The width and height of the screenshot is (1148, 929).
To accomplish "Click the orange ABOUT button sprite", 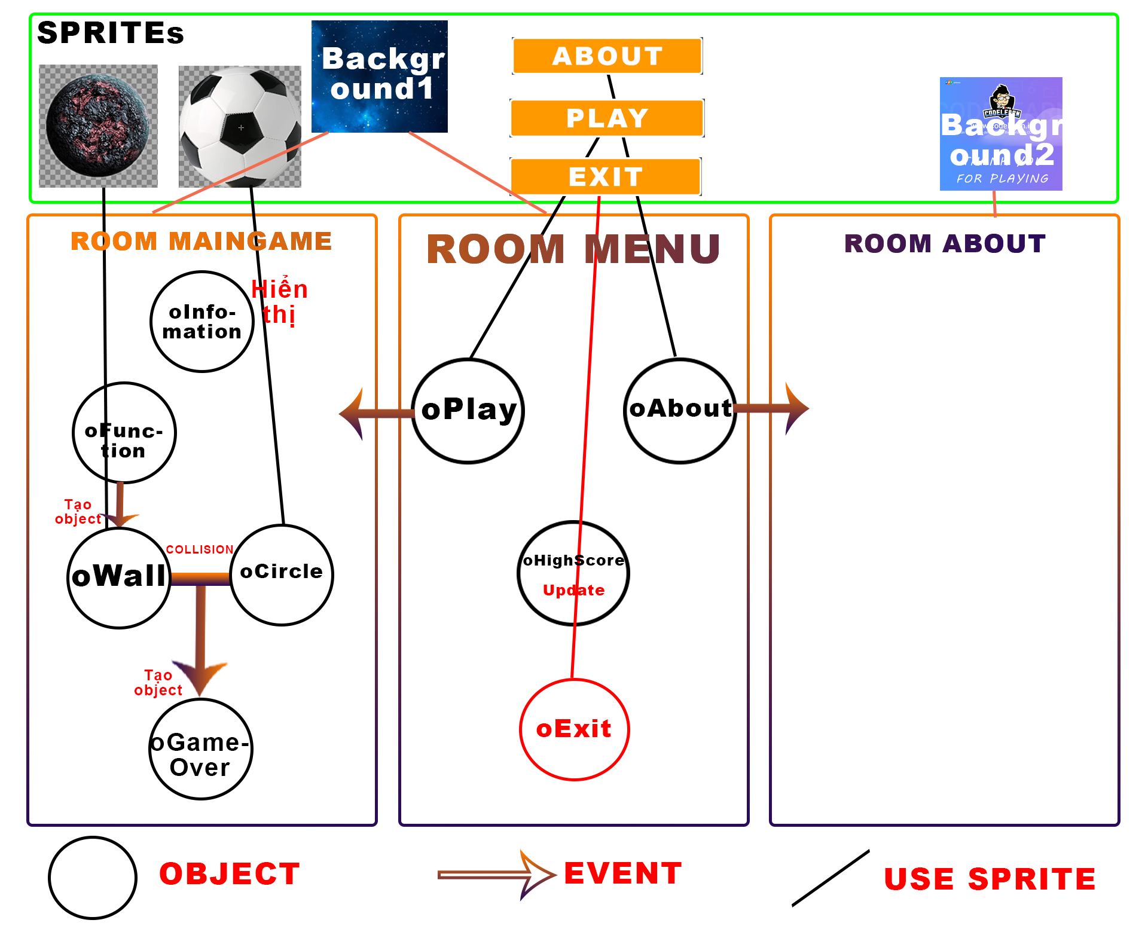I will click(x=607, y=56).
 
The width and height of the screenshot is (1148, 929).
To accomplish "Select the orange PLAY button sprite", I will click(x=607, y=118).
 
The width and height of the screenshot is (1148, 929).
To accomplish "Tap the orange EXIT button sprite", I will click(x=605, y=176).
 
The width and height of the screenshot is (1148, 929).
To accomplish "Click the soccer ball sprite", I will click(x=240, y=126).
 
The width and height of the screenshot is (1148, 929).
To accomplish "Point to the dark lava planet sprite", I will click(x=98, y=126).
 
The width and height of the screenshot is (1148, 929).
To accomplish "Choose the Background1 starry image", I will click(x=379, y=76).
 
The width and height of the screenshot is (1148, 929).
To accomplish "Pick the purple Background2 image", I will click(x=1000, y=134).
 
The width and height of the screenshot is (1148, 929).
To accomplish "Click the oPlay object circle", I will click(x=468, y=411).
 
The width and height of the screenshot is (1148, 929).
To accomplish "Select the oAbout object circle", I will click(x=680, y=411).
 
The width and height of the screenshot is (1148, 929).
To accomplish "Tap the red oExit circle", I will click(x=574, y=729).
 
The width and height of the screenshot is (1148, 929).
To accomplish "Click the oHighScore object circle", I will click(x=573, y=573).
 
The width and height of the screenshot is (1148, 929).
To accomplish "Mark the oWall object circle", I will click(x=119, y=577).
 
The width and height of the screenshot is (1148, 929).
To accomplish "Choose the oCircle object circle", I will click(x=282, y=574).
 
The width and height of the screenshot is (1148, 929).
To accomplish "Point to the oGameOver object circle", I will click(x=200, y=748).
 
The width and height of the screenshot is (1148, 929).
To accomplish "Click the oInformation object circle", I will click(x=202, y=322).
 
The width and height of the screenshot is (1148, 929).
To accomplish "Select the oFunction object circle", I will click(x=124, y=432).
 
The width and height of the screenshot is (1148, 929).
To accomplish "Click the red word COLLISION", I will click(x=199, y=549).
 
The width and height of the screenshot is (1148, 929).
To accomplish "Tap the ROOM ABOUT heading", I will click(x=945, y=243).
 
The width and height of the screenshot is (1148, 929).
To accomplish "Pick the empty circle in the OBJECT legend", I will click(x=93, y=878).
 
